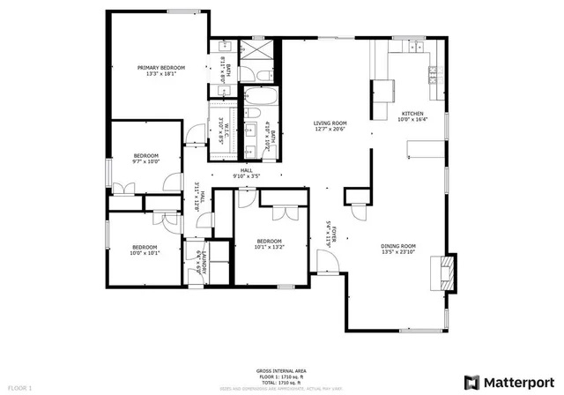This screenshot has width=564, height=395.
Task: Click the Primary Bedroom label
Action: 160,68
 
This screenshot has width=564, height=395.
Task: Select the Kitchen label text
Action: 412,115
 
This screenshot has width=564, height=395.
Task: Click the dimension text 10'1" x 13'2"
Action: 269,248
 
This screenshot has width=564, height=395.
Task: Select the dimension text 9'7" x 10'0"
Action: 146,161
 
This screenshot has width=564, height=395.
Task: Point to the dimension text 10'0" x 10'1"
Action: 145,253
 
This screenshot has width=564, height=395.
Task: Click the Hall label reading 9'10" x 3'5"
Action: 247,176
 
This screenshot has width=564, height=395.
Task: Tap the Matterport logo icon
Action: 471,382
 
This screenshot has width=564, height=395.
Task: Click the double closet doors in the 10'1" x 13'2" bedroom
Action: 286,212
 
